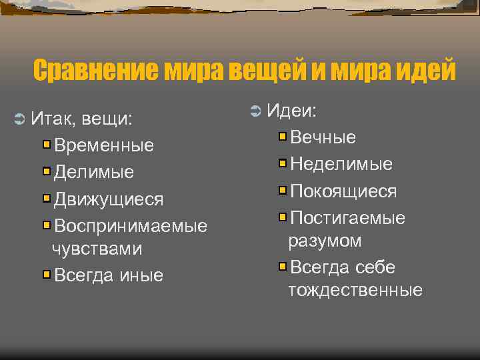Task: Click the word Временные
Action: click(x=104, y=145)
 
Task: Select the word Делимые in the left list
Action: click(x=94, y=172)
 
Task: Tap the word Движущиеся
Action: click(x=109, y=199)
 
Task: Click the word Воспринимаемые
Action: click(x=131, y=226)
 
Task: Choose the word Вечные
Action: click(x=323, y=137)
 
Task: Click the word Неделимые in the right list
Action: click(x=341, y=164)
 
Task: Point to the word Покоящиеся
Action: click(x=343, y=191)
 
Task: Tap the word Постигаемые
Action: click(x=348, y=218)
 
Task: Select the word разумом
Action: click(x=325, y=241)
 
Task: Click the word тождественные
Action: click(x=355, y=290)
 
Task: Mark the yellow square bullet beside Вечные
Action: click(x=283, y=137)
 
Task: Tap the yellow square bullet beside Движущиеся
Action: click(x=47, y=199)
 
